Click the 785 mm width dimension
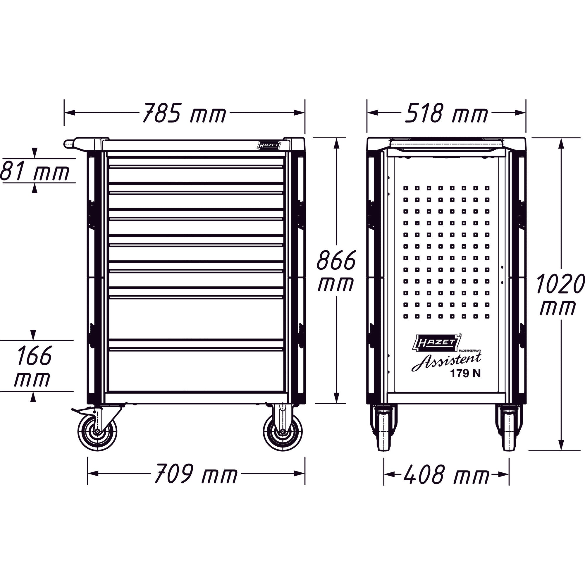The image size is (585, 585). point(184,113)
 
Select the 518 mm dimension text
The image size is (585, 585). point(446,113)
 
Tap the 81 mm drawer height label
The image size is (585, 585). point(35,171)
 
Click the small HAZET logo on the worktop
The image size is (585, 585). point(268,146)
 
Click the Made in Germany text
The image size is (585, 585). point(470,351)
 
